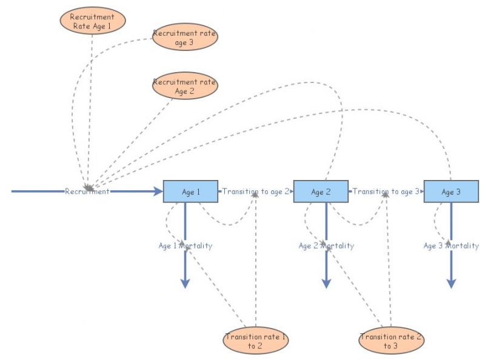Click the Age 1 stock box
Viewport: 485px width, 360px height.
click(190, 192)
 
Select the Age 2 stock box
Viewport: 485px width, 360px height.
click(321, 192)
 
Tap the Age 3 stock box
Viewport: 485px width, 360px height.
click(451, 192)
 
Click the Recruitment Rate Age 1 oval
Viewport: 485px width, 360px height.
click(93, 21)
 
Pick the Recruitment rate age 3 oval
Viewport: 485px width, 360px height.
click(185, 37)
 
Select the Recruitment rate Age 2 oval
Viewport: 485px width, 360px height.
click(185, 85)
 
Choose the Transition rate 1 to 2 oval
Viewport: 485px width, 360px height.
click(255, 340)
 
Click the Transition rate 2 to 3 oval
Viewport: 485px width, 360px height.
click(391, 340)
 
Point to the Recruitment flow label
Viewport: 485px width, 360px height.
click(87, 192)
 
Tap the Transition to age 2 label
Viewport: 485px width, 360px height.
click(255, 192)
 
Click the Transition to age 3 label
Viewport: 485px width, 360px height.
click(386, 192)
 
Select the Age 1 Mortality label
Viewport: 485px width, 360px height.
click(186, 246)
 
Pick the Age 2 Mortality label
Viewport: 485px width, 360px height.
click(326, 246)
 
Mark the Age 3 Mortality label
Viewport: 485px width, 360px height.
click(451, 246)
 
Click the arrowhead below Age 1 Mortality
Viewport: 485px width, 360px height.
click(185, 284)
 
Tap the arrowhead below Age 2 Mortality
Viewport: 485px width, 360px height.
click(326, 284)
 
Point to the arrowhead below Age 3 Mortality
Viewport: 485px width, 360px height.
click(451, 284)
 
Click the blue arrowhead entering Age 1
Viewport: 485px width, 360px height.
click(158, 192)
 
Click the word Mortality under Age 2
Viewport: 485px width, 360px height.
click(337, 246)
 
